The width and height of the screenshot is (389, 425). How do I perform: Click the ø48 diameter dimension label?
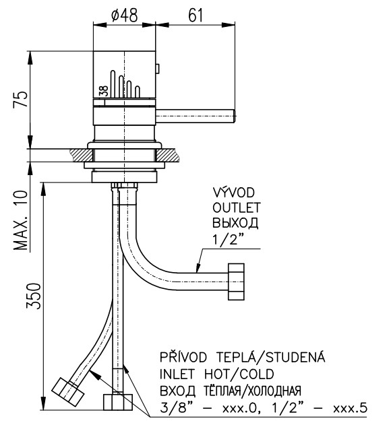125,15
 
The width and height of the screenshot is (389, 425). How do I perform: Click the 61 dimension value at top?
196,15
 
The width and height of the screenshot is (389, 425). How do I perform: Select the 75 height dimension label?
21,99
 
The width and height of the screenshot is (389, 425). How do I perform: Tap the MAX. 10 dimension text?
21,220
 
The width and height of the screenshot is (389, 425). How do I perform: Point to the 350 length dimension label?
34,296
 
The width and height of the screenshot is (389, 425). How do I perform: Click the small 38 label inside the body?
104,91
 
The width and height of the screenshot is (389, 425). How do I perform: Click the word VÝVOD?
234,192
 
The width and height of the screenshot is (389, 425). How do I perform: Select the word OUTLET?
236,208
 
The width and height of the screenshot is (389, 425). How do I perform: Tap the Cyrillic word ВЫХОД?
235,223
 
